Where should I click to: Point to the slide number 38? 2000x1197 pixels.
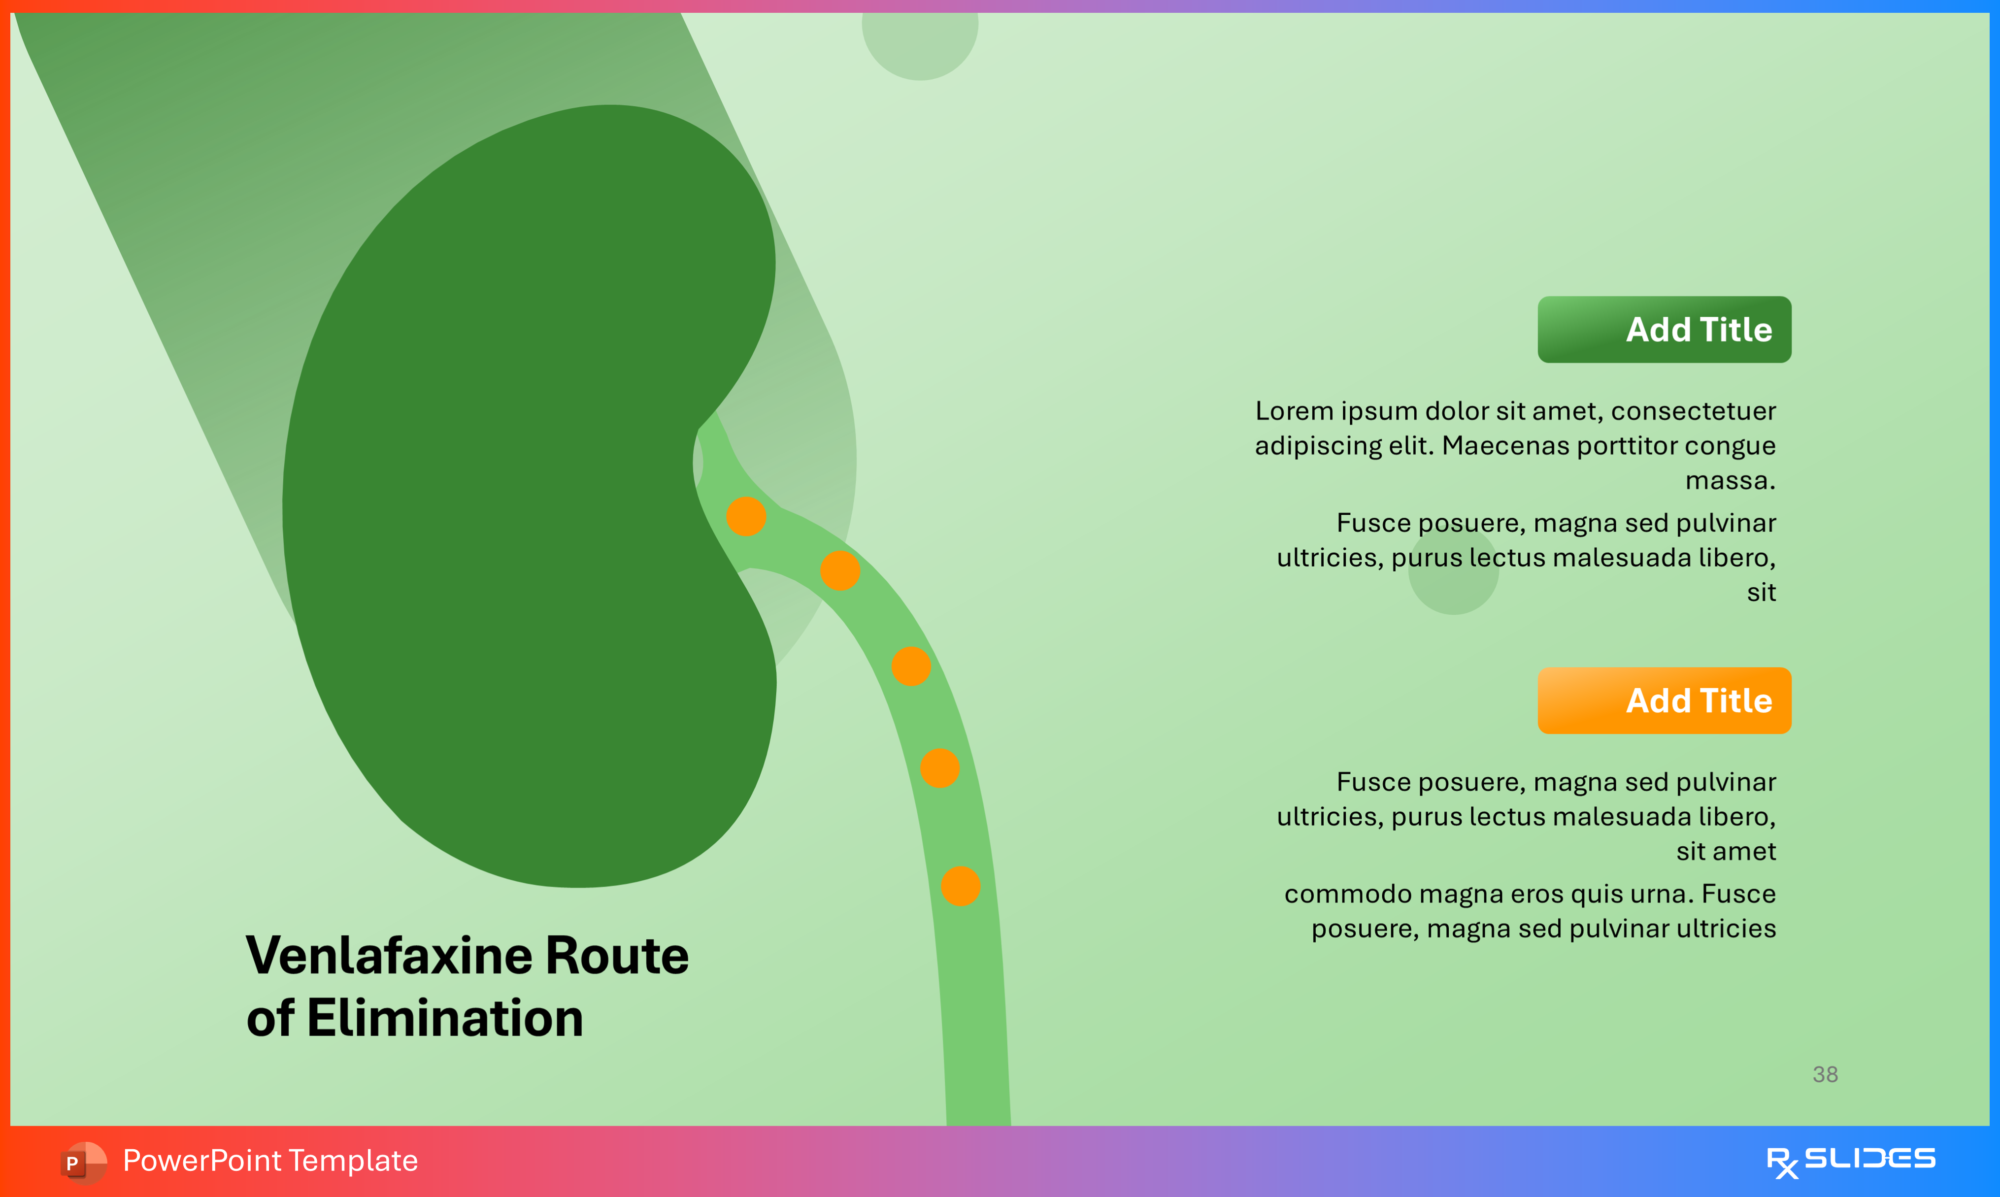pos(1825,1074)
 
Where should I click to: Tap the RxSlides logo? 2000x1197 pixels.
pos(1850,1161)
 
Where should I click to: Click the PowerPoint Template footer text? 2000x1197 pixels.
pos(270,1161)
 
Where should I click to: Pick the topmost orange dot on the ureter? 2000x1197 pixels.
pos(746,516)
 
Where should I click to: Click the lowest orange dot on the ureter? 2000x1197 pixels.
pos(961,887)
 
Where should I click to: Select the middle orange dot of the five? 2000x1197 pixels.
pos(911,666)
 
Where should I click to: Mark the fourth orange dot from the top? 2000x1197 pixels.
pos(939,768)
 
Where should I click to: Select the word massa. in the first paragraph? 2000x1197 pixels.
pos(1730,481)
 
